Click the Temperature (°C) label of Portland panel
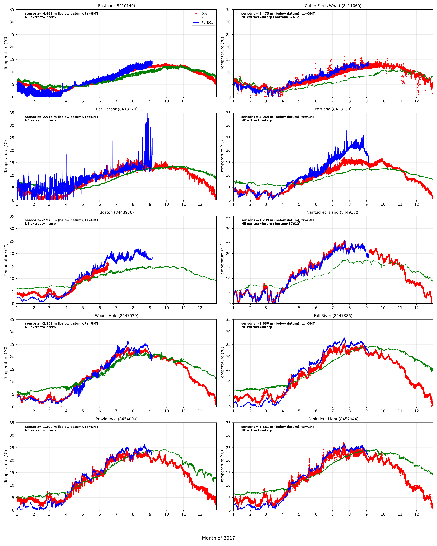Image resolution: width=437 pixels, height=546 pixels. click(x=222, y=156)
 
